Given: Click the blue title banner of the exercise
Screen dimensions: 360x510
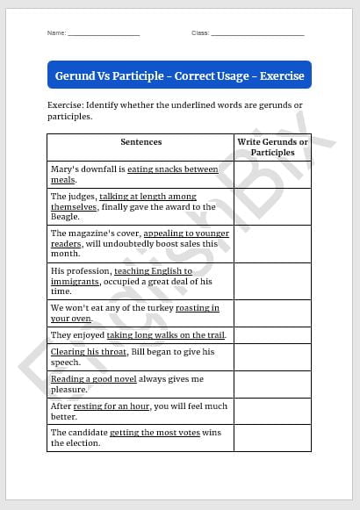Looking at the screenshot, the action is [x=179, y=75].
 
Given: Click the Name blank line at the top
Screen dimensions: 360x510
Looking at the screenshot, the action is [x=104, y=34].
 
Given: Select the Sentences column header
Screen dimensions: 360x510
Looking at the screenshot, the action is [x=140, y=142].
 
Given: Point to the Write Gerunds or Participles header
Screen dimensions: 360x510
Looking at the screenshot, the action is [x=272, y=147].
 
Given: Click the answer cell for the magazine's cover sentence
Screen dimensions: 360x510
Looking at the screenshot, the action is [x=272, y=244].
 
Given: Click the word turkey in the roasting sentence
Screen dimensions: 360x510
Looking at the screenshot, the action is [x=156, y=308].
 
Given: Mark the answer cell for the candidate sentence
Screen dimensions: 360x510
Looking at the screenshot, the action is [x=272, y=438].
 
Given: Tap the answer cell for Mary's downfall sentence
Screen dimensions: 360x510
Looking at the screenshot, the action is [x=272, y=174].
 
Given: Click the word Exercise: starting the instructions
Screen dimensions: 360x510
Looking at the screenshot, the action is [x=67, y=105].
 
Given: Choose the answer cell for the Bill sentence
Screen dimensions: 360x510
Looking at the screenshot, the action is [x=272, y=357].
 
